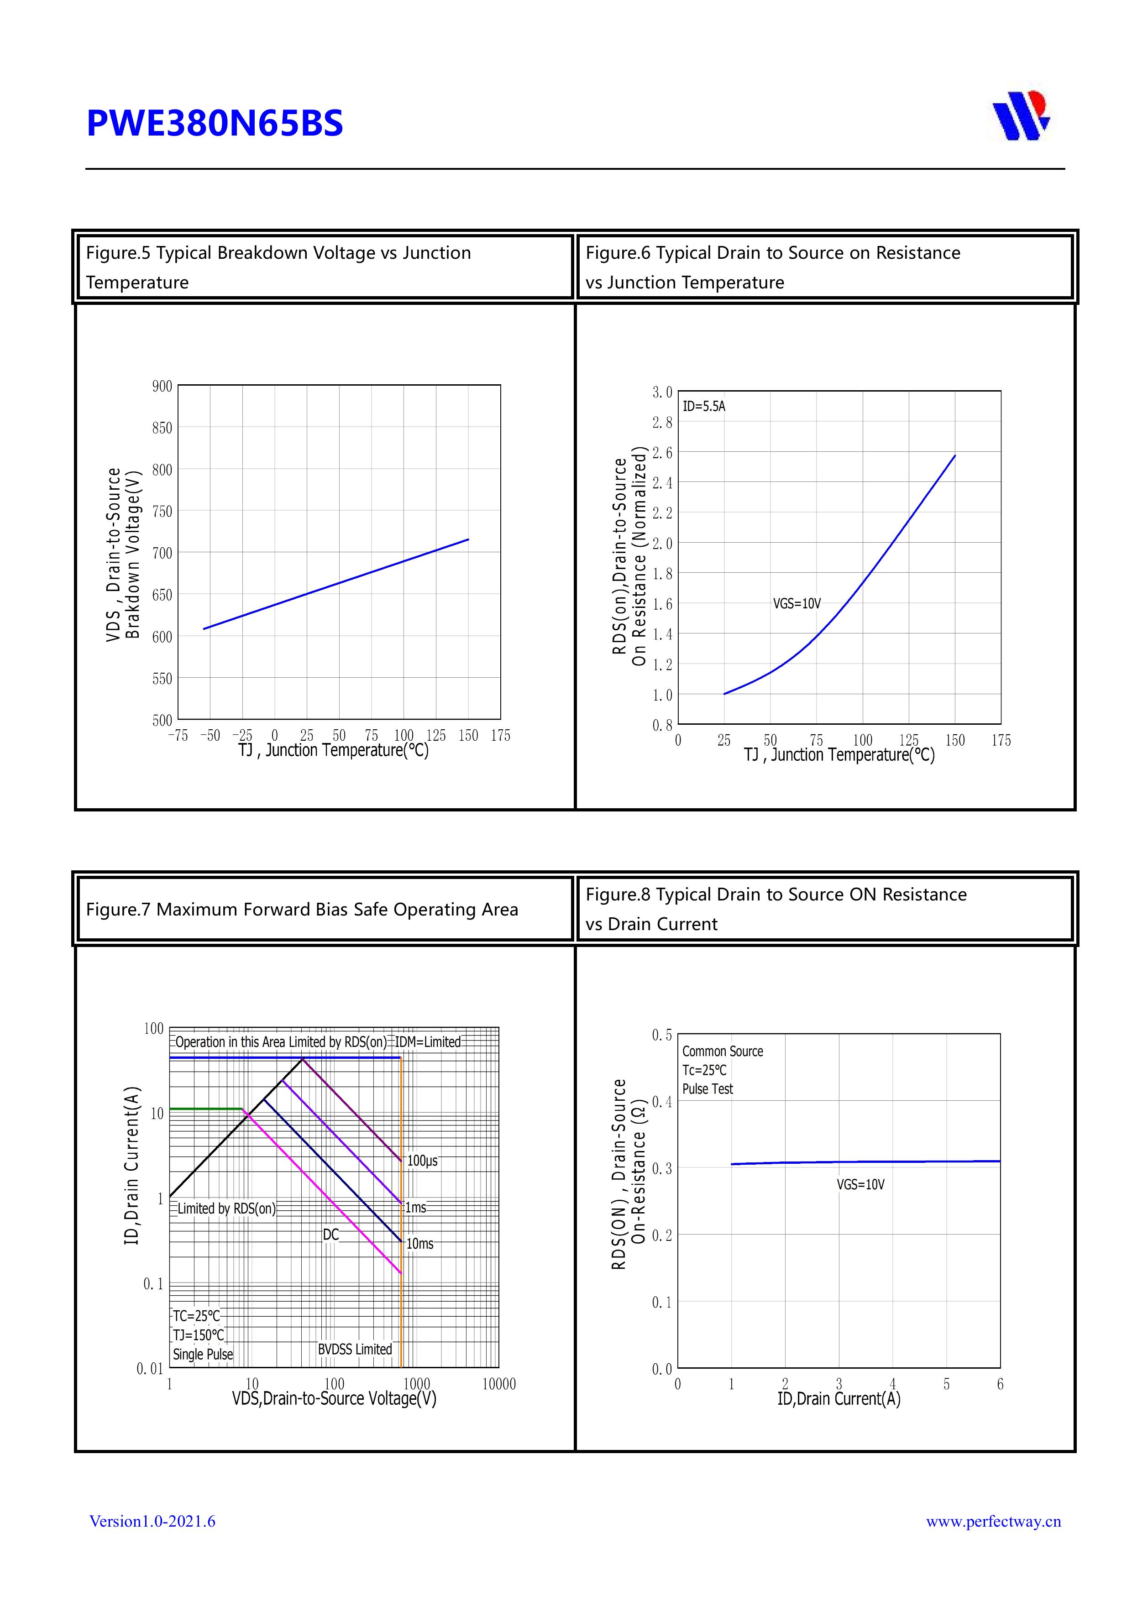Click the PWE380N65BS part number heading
(x=215, y=123)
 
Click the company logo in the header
(x=1021, y=116)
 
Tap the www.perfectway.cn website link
(x=993, y=1521)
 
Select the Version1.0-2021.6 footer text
(x=152, y=1521)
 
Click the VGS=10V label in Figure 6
(x=797, y=604)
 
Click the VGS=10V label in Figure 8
(x=861, y=1184)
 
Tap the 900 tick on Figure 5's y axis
(x=162, y=386)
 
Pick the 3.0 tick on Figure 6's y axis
(x=662, y=392)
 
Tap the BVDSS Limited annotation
(x=355, y=1349)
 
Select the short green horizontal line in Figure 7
(x=206, y=1109)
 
